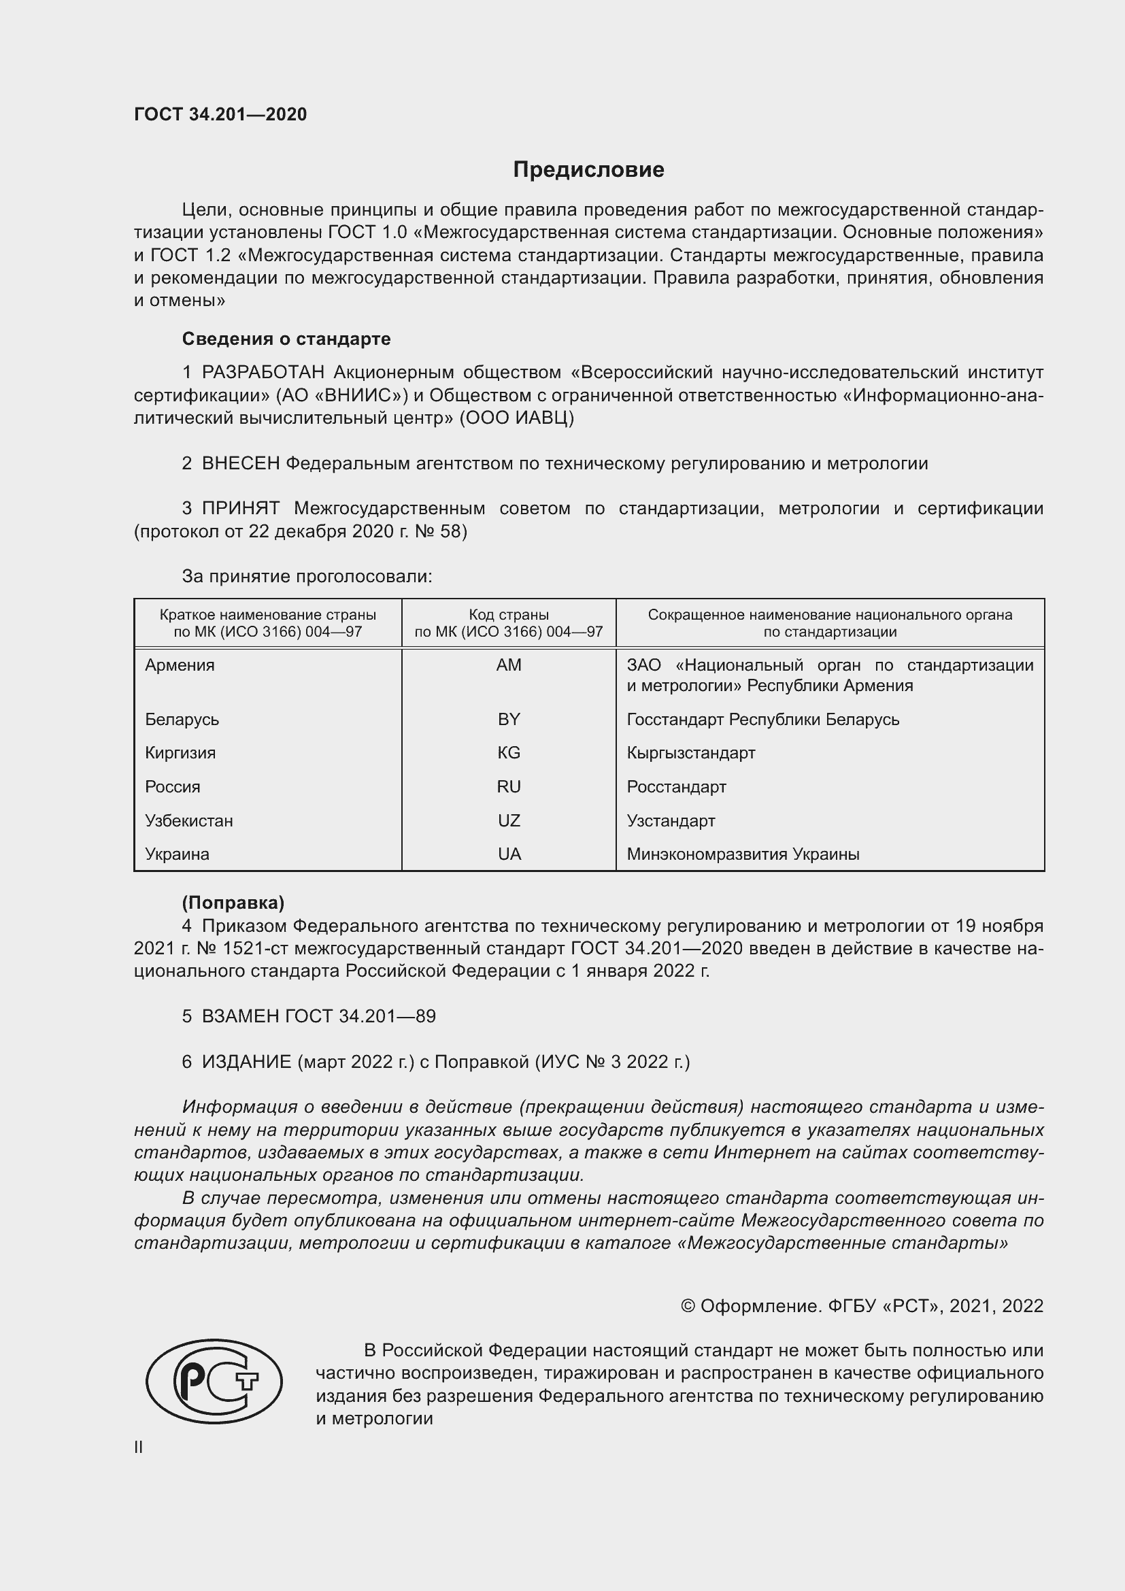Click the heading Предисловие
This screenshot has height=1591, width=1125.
click(x=588, y=170)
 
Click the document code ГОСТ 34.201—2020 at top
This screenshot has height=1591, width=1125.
click(x=220, y=114)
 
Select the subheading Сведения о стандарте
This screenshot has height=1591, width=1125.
click(x=286, y=339)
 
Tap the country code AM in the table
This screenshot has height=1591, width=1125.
click(x=509, y=665)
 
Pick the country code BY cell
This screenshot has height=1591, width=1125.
click(x=509, y=719)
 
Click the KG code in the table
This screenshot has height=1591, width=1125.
click(x=509, y=752)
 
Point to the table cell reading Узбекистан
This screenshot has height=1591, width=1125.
click(x=189, y=820)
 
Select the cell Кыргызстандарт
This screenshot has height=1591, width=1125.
click(x=690, y=752)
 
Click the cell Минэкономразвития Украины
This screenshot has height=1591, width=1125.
click(x=743, y=854)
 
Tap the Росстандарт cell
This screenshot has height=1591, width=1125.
click(x=676, y=786)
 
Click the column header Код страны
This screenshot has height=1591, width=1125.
click(x=509, y=615)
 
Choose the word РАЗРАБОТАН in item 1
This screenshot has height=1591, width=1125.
click(x=263, y=373)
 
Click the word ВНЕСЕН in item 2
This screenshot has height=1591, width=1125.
click(x=240, y=464)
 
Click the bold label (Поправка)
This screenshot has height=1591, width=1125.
click(x=233, y=902)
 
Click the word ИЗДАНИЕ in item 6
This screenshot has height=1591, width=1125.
click(x=247, y=1062)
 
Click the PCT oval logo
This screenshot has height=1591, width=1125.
click(x=214, y=1380)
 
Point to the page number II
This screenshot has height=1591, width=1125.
click(x=139, y=1447)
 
